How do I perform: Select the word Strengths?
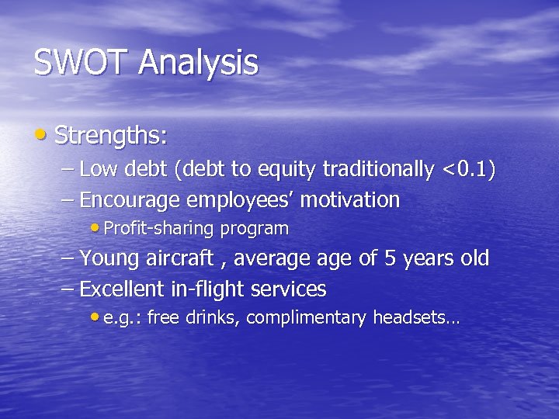[111, 136]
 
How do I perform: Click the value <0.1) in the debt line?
[467, 169]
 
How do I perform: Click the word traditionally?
[378, 169]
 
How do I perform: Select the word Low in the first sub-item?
[96, 169]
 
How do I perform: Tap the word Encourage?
[131, 201]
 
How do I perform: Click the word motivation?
[349, 200]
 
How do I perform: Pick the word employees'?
[241, 201]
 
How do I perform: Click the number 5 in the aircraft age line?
[391, 258]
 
